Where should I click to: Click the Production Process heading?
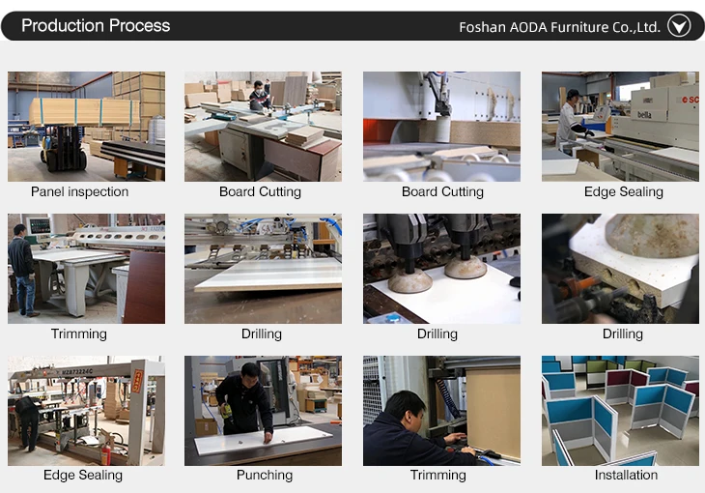coord(96,26)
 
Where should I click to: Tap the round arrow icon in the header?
coord(679,26)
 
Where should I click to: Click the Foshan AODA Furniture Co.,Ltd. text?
coord(559,27)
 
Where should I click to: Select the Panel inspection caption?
coord(79,191)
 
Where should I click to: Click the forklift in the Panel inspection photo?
coord(63,147)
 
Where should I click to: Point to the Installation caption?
coord(626,475)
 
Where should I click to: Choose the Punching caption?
coord(265,475)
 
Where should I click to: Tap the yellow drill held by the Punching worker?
coord(227,411)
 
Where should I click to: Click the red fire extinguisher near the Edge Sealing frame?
coord(105,453)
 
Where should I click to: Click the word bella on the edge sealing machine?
coord(644,115)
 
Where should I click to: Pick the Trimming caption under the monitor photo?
coord(78,334)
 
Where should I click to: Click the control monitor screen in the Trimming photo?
coord(40,225)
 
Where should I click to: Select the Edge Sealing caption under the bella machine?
coord(623,191)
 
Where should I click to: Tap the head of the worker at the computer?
coord(406,409)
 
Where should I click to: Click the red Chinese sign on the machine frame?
coord(137,382)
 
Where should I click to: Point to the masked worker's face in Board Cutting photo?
coord(259,89)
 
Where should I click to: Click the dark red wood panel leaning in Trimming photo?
coord(145,287)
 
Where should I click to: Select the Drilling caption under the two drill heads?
coord(437,334)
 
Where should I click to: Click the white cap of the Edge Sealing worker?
coord(573,93)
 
